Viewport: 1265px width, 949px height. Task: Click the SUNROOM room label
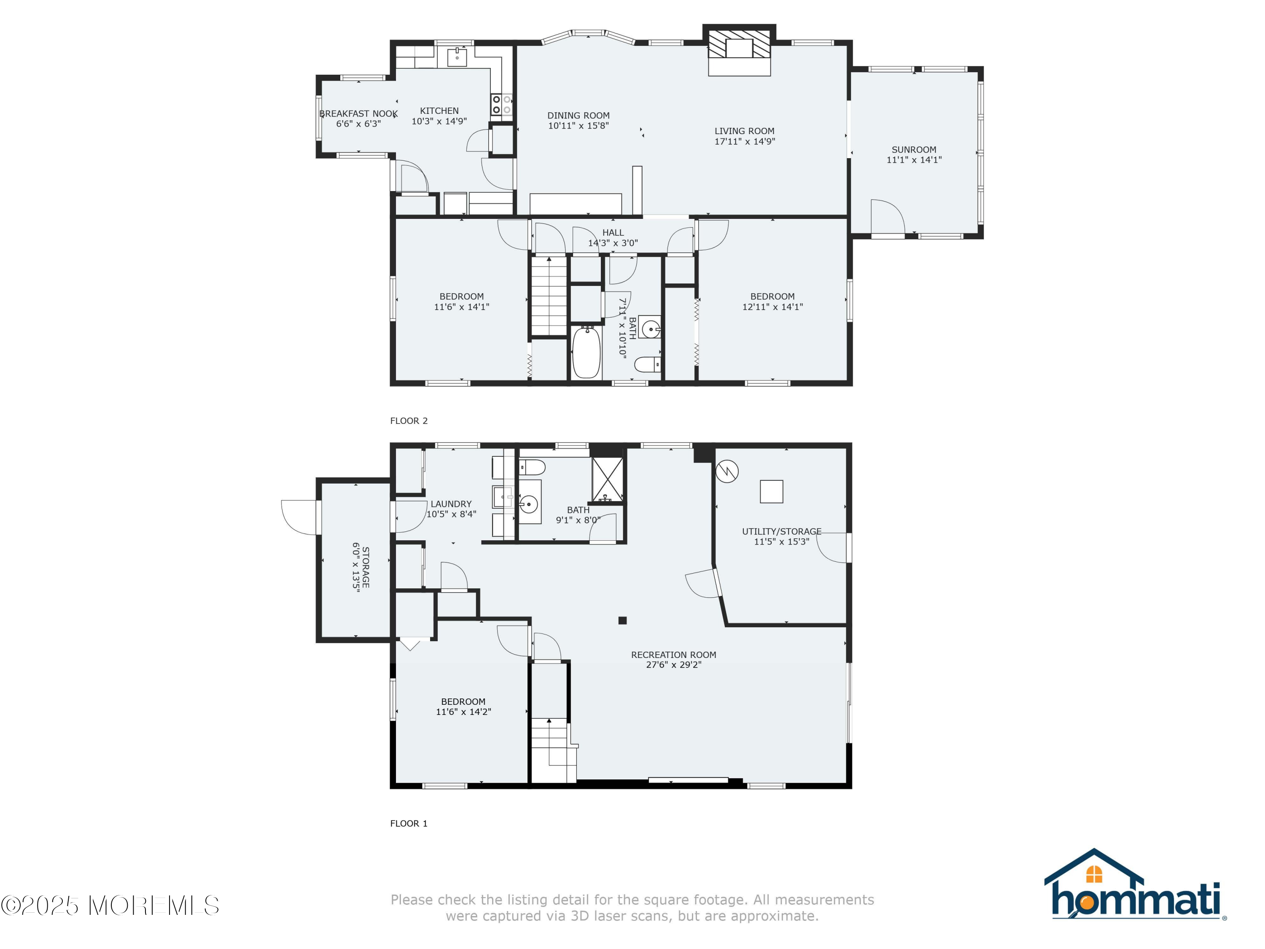click(x=913, y=150)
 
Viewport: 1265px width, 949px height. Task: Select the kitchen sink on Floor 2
click(x=457, y=57)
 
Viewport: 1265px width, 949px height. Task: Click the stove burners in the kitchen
click(x=501, y=105)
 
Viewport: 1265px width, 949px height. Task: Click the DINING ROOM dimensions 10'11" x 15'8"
click(x=578, y=126)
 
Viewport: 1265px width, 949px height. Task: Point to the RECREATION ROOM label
click(x=673, y=655)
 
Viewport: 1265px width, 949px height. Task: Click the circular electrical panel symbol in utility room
click(x=727, y=472)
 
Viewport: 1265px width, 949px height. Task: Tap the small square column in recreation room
click(x=622, y=620)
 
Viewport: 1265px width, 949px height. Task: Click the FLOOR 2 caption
click(x=408, y=421)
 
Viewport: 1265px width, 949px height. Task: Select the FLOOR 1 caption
click(x=408, y=824)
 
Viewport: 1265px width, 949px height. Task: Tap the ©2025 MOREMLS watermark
click(x=110, y=906)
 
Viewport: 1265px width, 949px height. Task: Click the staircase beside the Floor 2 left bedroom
click(x=549, y=297)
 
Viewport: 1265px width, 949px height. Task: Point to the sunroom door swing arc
click(x=888, y=216)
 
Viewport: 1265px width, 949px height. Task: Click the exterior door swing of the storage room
click(x=299, y=517)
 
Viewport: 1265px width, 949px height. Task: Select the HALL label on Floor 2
click(x=613, y=233)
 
